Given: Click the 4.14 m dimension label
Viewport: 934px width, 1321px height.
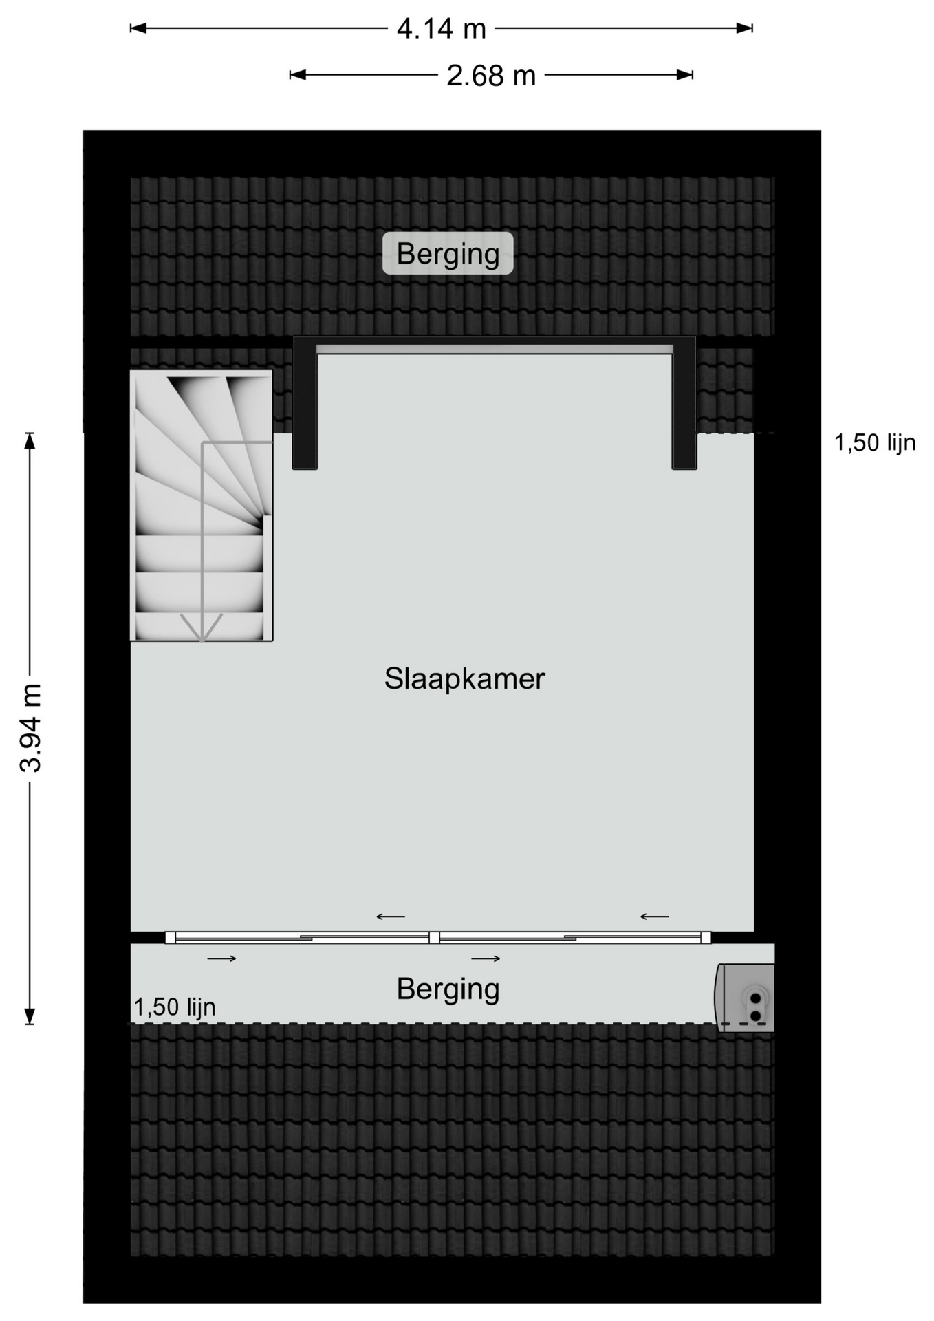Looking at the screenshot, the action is pyautogui.click(x=442, y=29).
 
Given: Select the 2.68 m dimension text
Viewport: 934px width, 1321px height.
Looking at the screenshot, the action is pyautogui.click(x=491, y=76).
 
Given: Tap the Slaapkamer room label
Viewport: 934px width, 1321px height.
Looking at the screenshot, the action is pyautogui.click(x=464, y=679).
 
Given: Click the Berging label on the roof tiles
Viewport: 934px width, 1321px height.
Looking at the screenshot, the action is pyautogui.click(x=448, y=254).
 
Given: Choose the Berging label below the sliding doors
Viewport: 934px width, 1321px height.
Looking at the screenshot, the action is pyautogui.click(x=448, y=989).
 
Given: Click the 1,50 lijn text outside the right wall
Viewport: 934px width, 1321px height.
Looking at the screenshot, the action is pyautogui.click(x=875, y=442).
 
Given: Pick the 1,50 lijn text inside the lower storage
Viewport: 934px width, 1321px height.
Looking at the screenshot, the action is pyautogui.click(x=175, y=1007).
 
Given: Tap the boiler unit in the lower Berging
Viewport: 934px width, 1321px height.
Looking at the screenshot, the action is pyautogui.click(x=745, y=998).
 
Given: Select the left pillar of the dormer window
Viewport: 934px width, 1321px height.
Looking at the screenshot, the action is pyautogui.click(x=305, y=405).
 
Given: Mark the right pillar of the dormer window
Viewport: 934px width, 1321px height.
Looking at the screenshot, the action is pyautogui.click(x=684, y=405).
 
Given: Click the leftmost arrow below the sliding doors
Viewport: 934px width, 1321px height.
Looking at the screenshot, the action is pyautogui.click(x=221, y=958).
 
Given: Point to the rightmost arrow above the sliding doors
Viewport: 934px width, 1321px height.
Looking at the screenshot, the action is pyautogui.click(x=654, y=916).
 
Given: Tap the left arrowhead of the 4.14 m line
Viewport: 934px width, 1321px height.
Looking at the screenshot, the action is pyautogui.click(x=138, y=28).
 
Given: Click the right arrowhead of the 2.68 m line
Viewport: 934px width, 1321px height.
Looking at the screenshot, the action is pyautogui.click(x=684, y=75).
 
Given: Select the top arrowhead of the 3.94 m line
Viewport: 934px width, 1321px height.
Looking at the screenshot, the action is pyautogui.click(x=30, y=440).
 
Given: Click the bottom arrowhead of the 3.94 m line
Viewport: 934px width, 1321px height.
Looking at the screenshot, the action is pyautogui.click(x=30, y=1016).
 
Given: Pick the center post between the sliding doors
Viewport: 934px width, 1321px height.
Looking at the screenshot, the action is pyautogui.click(x=434, y=937).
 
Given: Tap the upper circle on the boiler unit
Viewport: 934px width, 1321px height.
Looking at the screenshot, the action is pyautogui.click(x=756, y=998).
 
